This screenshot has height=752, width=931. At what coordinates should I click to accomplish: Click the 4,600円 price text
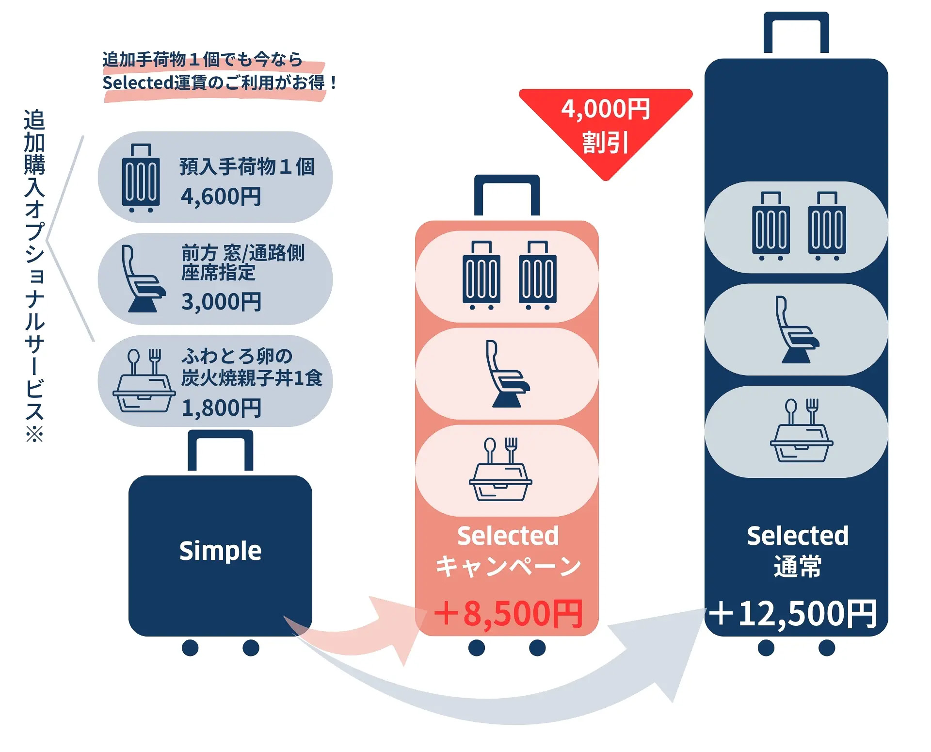click(x=221, y=197)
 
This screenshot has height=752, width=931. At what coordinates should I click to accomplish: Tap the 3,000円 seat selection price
click(x=221, y=302)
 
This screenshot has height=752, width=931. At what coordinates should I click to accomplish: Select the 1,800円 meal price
click(x=221, y=408)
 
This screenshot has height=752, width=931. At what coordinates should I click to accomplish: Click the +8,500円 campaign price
click(x=508, y=614)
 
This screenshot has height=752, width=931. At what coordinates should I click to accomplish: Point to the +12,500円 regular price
click(x=793, y=614)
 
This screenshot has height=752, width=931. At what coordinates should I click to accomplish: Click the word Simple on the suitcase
click(x=220, y=551)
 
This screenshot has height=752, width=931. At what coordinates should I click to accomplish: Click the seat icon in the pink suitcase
click(x=507, y=374)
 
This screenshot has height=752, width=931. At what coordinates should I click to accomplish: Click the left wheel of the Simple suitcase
click(x=190, y=648)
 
